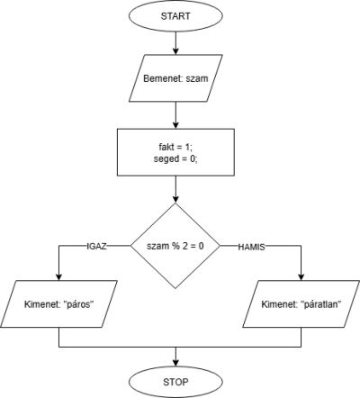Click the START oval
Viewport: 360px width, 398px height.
pos(175,16)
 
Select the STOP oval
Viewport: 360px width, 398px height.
pos(175,382)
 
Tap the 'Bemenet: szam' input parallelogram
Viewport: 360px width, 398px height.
pos(175,78)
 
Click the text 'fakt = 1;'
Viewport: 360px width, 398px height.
pos(175,147)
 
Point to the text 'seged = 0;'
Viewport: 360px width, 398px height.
pos(175,158)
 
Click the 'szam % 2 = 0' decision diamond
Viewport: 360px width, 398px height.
pos(175,246)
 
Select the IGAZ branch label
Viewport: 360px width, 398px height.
pos(96,247)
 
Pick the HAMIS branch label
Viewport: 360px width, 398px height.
pos(251,247)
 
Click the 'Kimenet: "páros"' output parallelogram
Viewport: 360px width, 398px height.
pos(58,304)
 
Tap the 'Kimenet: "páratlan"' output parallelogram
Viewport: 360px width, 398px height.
pos(301,304)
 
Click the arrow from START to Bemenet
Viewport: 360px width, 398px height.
pos(175,43)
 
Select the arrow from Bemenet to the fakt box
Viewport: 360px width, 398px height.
pos(175,115)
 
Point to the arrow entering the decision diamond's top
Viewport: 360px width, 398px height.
pos(175,189)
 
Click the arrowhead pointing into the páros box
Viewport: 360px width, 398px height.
pos(58,277)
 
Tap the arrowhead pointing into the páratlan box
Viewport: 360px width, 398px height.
pos(301,277)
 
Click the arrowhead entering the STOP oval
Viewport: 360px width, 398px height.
pos(175,363)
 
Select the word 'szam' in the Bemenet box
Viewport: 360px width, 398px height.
pos(197,78)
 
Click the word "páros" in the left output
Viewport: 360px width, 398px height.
pos(77,304)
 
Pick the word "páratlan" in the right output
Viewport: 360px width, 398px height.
pos(321,304)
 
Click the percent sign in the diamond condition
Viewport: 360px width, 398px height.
pos(175,246)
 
